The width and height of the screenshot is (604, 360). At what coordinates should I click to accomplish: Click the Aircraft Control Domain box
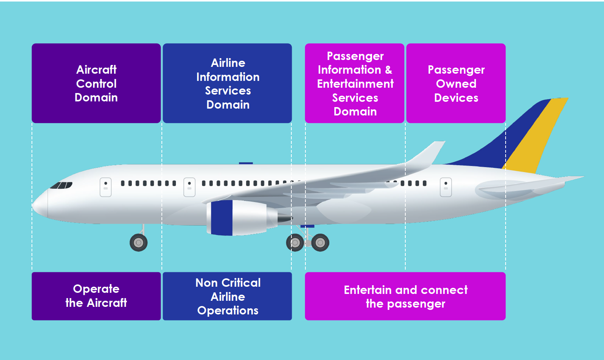pyautogui.click(x=96, y=83)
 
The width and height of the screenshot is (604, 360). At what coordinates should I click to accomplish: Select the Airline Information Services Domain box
pyautogui.click(x=227, y=83)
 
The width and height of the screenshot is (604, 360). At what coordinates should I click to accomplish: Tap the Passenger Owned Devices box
pyautogui.click(x=456, y=83)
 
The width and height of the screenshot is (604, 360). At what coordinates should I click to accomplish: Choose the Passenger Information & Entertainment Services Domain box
pyautogui.click(x=354, y=83)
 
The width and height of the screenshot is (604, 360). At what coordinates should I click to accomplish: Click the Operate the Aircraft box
pyautogui.click(x=96, y=296)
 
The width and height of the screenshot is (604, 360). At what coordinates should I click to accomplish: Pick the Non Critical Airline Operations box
pyautogui.click(x=227, y=296)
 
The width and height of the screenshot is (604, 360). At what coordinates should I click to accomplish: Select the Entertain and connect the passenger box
pyautogui.click(x=405, y=296)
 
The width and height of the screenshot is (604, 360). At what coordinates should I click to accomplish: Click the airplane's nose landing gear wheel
pyautogui.click(x=139, y=243)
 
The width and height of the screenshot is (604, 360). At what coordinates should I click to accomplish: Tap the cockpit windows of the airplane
pyautogui.click(x=61, y=185)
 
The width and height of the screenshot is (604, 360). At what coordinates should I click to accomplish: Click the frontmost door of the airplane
pyautogui.click(x=106, y=187)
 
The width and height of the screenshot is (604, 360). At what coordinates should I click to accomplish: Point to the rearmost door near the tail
pyautogui.click(x=446, y=187)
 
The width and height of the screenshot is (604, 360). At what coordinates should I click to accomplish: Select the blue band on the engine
pyautogui.click(x=221, y=218)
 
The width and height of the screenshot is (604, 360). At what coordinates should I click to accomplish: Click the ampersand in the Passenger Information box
pyautogui.click(x=389, y=70)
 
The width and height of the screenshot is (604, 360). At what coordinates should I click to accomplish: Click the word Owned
pyautogui.click(x=456, y=84)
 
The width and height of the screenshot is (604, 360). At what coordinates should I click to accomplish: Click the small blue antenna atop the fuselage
pyautogui.click(x=246, y=163)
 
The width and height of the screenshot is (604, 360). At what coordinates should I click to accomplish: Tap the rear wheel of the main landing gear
pyautogui.click(x=320, y=243)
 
